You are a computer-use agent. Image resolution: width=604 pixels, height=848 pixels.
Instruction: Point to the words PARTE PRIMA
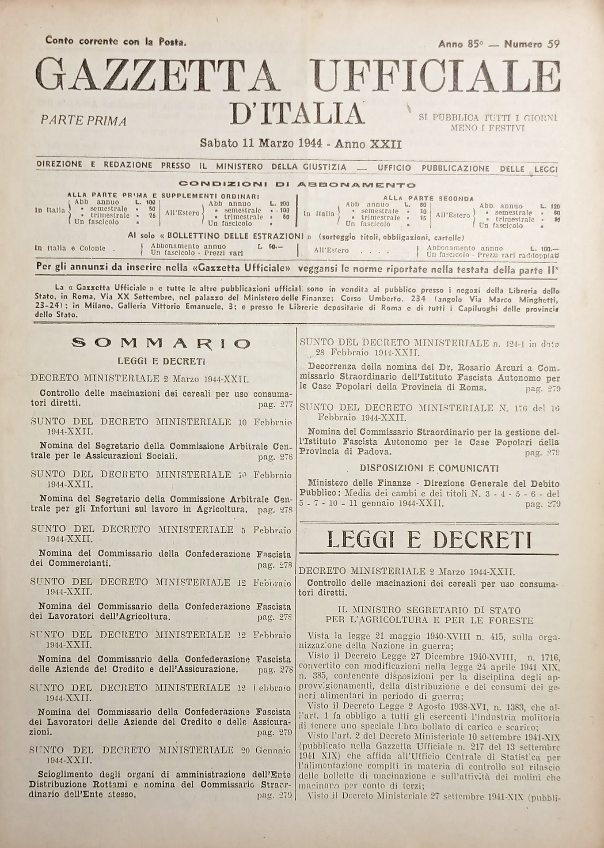coord(84,121)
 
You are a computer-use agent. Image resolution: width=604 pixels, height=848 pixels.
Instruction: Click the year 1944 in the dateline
coord(309,144)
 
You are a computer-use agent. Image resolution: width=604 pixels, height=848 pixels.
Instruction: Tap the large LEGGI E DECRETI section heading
coord(429,539)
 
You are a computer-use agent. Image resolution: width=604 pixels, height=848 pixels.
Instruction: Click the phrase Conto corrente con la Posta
coord(116,42)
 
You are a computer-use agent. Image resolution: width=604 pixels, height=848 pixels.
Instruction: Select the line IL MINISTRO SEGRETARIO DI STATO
coord(429,610)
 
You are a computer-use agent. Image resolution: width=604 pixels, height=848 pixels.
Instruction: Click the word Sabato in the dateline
coord(218,144)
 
